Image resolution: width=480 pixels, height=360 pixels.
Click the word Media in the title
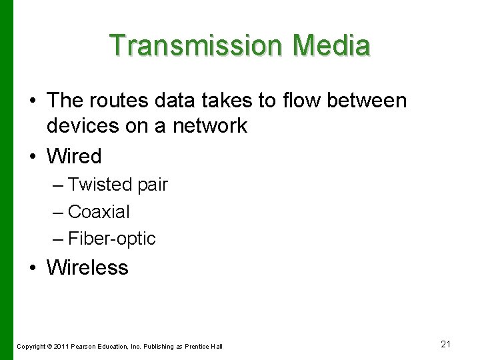pos(331,45)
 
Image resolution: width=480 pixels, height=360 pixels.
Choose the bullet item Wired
pos(74,157)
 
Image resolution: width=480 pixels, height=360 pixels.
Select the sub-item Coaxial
pos(99,212)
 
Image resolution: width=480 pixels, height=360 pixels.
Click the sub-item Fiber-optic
pos(111,239)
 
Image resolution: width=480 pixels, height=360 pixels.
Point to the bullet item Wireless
pos(87,267)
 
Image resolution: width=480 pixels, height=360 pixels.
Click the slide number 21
pos(446,344)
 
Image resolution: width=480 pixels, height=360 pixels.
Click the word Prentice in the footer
pos(197,346)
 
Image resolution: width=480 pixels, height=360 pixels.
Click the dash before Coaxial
pos(57,212)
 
